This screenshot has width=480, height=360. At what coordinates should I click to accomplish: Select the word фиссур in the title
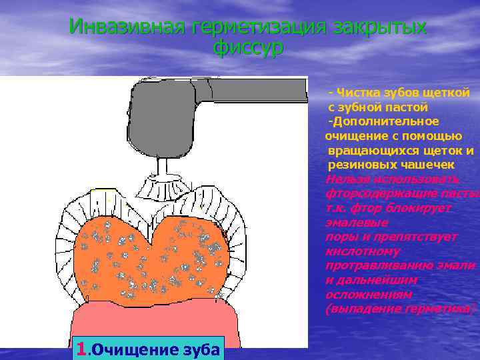[x=248, y=47]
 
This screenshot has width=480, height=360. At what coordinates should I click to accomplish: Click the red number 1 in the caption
[x=81, y=348]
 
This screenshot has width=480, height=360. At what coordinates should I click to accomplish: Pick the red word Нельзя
[x=347, y=179]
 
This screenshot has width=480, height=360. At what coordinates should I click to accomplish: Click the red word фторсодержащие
[x=377, y=193]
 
